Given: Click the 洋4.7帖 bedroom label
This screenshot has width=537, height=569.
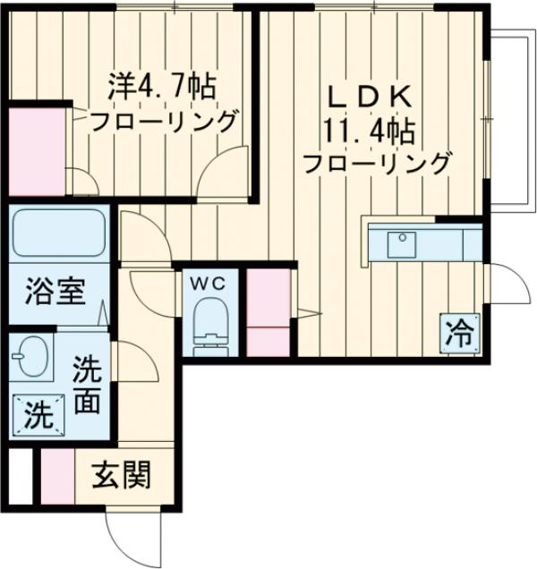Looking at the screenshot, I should click(x=162, y=87).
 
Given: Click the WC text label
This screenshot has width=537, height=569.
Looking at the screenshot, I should click(x=211, y=283).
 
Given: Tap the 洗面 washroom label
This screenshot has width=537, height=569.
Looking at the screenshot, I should click(x=86, y=385).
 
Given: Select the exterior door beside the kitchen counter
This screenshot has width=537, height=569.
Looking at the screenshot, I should click(x=504, y=284).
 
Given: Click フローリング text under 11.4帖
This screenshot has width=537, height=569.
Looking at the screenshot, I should click(x=376, y=164).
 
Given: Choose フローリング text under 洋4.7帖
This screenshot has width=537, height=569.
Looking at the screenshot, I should click(x=163, y=120).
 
